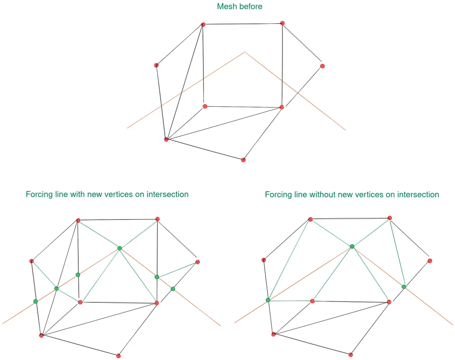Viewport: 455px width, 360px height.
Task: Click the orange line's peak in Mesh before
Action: point(245,52)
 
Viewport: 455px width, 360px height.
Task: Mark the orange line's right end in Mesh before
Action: point(345,130)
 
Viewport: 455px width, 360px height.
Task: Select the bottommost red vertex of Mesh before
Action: point(243,160)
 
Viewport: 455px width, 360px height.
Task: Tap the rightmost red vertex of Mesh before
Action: point(323,66)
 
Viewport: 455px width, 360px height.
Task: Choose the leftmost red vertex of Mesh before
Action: point(157,65)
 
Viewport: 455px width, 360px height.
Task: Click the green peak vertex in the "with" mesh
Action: point(120,248)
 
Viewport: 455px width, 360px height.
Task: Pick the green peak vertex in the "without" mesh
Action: point(352,246)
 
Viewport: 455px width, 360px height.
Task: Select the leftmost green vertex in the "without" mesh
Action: point(268,300)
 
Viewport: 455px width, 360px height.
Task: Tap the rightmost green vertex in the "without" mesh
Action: point(404,287)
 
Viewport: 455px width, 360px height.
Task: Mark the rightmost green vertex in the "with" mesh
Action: point(173,288)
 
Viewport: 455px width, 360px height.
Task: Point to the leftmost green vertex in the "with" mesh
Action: point(36,301)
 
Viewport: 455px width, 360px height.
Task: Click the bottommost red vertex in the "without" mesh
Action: point(351,355)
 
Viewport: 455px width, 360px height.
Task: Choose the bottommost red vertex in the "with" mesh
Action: point(118,356)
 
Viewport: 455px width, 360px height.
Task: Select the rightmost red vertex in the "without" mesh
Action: point(430,261)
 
